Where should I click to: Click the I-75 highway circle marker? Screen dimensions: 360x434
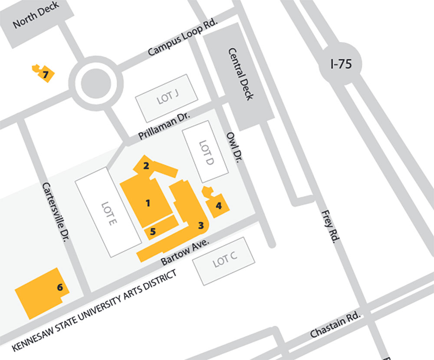click(340, 65)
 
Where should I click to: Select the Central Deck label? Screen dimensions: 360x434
click(240, 74)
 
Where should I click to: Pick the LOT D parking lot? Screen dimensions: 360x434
click(205, 155)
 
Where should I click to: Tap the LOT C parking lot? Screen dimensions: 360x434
click(224, 261)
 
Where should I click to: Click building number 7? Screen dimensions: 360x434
click(45, 75)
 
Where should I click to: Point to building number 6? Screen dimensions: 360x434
click(60, 287)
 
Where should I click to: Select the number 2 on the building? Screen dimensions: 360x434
click(146, 165)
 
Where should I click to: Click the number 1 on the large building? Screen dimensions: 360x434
click(148, 202)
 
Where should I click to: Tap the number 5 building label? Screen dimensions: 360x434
click(153, 231)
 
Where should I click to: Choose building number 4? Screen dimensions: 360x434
click(219, 206)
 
